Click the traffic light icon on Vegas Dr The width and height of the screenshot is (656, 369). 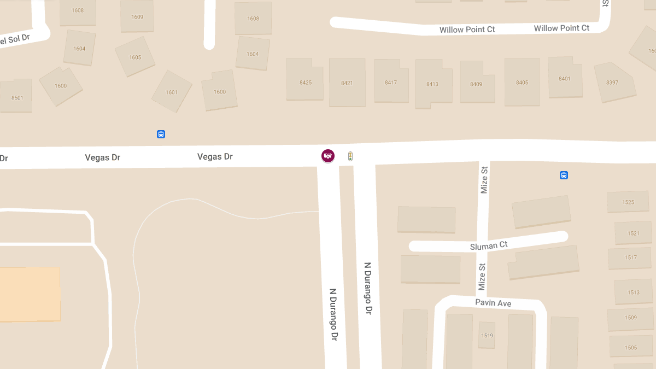click(x=350, y=157)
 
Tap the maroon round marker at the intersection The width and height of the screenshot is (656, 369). click(x=327, y=156)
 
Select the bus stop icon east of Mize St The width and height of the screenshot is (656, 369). click(x=564, y=175)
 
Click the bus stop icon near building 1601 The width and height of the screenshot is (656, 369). click(x=161, y=134)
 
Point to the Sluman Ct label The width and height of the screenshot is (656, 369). click(x=489, y=246)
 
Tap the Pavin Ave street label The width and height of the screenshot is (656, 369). click(x=493, y=302)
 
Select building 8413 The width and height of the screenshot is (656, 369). click(x=432, y=84)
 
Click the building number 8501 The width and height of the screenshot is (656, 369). click(x=17, y=97)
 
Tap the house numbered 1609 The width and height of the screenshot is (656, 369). click(x=137, y=17)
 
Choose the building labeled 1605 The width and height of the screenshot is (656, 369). click(x=135, y=57)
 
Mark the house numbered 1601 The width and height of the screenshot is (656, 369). click(x=172, y=92)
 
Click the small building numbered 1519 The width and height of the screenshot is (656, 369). click(x=487, y=335)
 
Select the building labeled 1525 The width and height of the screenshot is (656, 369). click(x=628, y=202)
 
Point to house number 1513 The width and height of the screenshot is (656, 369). click(x=633, y=292)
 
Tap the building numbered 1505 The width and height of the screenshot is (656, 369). click(x=631, y=347)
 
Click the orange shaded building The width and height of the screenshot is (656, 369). click(x=30, y=294)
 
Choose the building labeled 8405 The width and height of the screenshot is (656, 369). click(x=522, y=83)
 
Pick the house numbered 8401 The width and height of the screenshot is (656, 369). click(x=565, y=78)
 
